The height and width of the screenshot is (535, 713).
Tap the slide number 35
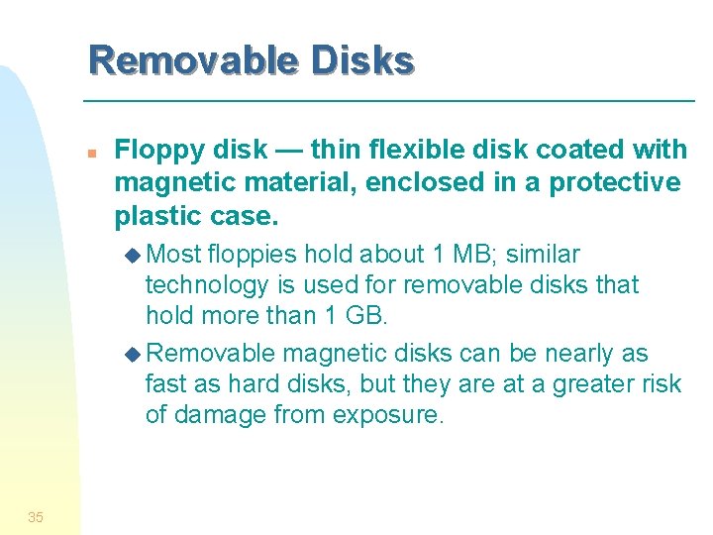(x=36, y=516)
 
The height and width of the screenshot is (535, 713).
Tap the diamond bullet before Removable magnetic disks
(x=136, y=354)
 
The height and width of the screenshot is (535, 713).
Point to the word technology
(x=207, y=286)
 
